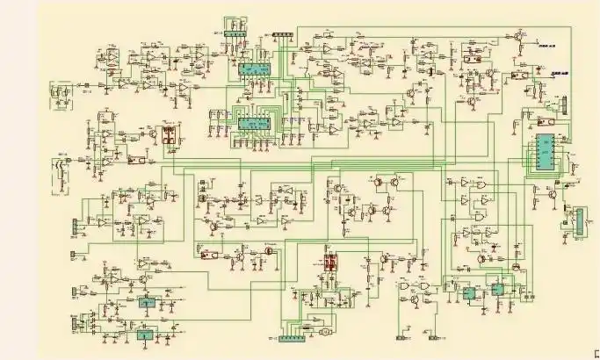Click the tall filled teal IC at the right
pos(546,155)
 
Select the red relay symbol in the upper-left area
pos(166,137)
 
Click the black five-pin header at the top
pos(283,35)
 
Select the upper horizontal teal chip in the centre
pos(255,69)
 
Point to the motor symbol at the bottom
pos(323,334)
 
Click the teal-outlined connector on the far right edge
pos(576,220)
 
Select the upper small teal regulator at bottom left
pos(144,301)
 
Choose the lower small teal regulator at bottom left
pos(143,334)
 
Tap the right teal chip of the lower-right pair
pos(497,289)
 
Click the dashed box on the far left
pos(61,91)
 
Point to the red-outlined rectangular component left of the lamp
pos(209,255)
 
